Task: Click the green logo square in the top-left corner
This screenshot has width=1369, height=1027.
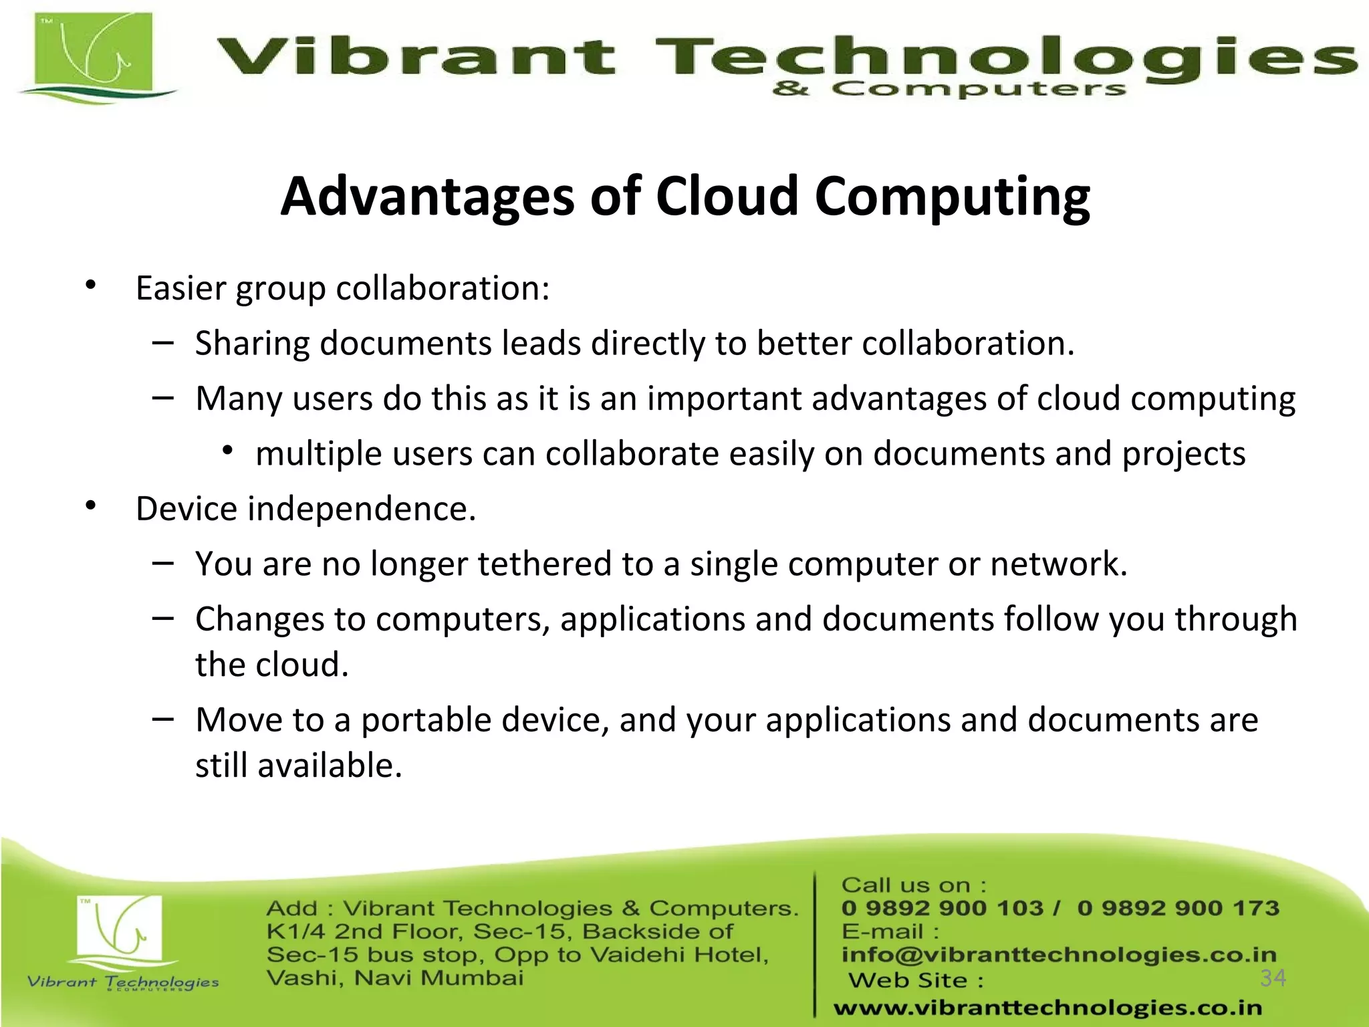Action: click(x=94, y=53)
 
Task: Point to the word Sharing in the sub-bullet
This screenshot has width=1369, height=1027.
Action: click(x=252, y=344)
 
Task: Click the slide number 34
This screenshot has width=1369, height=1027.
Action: click(x=1273, y=978)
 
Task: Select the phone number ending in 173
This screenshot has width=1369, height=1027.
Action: click(x=1178, y=908)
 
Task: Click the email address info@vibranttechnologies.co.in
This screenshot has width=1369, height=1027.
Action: click(x=1059, y=955)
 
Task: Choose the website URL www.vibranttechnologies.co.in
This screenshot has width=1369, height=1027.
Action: click(x=1047, y=1008)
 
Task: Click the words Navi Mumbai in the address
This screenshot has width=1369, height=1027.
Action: click(x=439, y=978)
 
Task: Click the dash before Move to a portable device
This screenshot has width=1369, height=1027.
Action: click(x=162, y=719)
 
